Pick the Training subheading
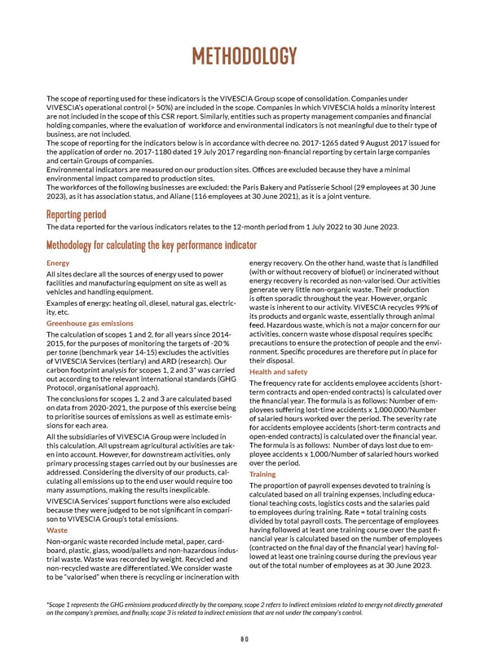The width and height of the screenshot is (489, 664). (262, 474)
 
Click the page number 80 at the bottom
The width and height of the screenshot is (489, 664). (244, 639)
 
